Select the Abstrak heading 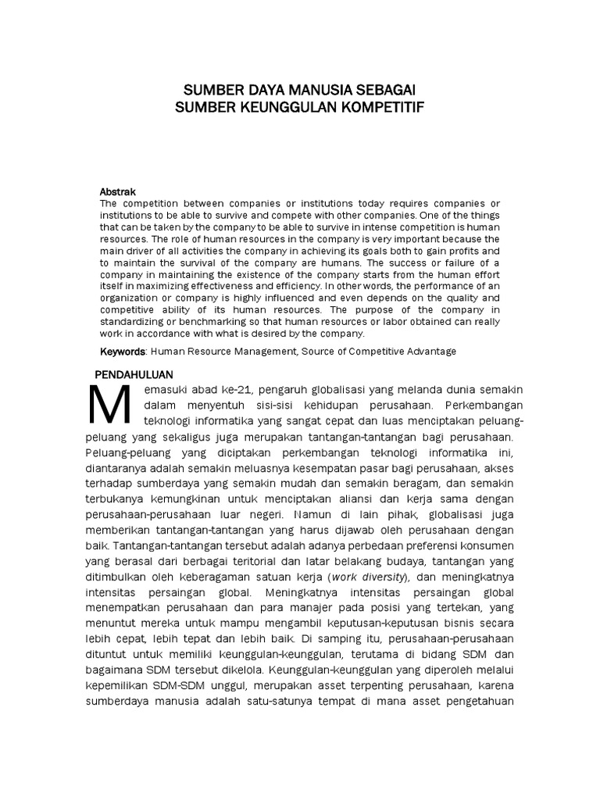click(118, 191)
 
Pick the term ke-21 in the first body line click(237, 389)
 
